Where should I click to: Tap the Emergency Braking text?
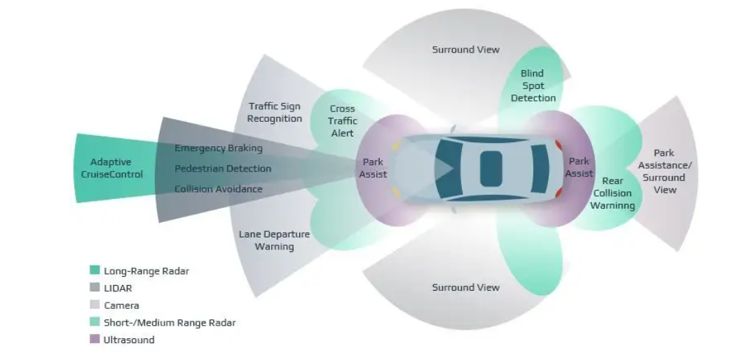tap(219, 148)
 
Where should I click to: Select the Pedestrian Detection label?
tap(223, 169)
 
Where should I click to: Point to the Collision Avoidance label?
tap(219, 189)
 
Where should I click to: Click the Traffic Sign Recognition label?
tap(275, 112)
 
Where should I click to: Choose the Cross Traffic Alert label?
tap(343, 120)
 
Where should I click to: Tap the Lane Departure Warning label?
tap(274, 240)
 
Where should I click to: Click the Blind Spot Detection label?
tap(533, 85)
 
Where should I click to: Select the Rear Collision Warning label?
tap(612, 193)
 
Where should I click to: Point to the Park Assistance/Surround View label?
tap(664, 171)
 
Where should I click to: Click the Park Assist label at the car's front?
tap(373, 168)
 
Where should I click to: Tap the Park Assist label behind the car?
tap(579, 167)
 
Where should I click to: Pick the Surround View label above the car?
tap(465, 50)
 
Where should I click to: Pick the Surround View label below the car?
tap(465, 287)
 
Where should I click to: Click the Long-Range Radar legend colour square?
tap(95, 270)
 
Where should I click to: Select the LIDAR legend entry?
tap(118, 288)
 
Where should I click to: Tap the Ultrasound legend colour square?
tap(95, 340)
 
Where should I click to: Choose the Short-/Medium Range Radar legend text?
tap(170, 323)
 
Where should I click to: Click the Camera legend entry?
tap(121, 305)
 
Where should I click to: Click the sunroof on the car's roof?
tap(491, 168)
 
